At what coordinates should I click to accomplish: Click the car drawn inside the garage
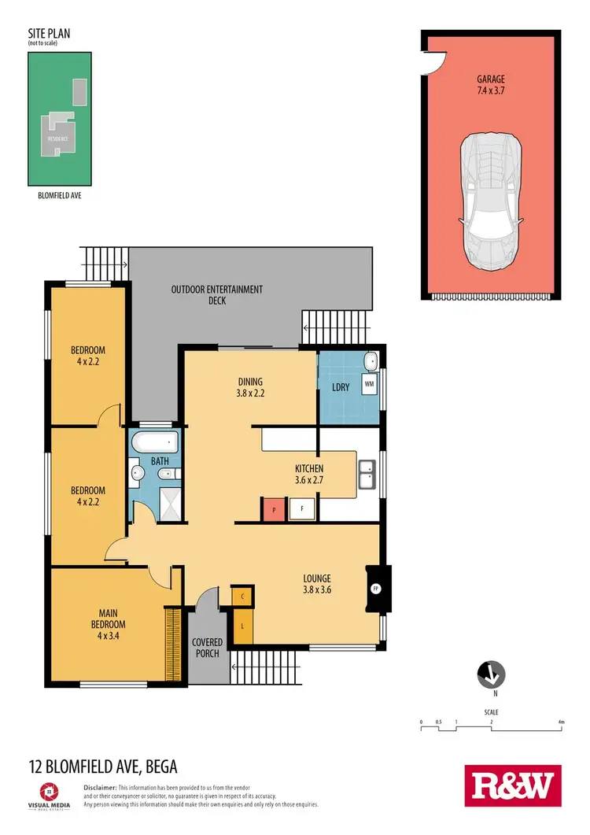click(x=491, y=201)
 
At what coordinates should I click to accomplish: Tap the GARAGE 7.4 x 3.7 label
click(x=490, y=85)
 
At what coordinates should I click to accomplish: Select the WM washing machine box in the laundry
click(x=368, y=386)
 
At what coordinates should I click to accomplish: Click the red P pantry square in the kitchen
click(x=273, y=509)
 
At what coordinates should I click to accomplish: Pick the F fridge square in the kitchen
click(x=302, y=509)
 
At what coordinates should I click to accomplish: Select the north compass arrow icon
click(x=492, y=674)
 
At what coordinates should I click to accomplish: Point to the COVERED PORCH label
click(x=208, y=648)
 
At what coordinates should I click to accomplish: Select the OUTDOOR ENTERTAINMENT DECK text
click(x=217, y=295)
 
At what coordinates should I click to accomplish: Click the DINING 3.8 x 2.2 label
click(x=250, y=388)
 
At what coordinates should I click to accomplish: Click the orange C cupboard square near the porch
click(x=243, y=597)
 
